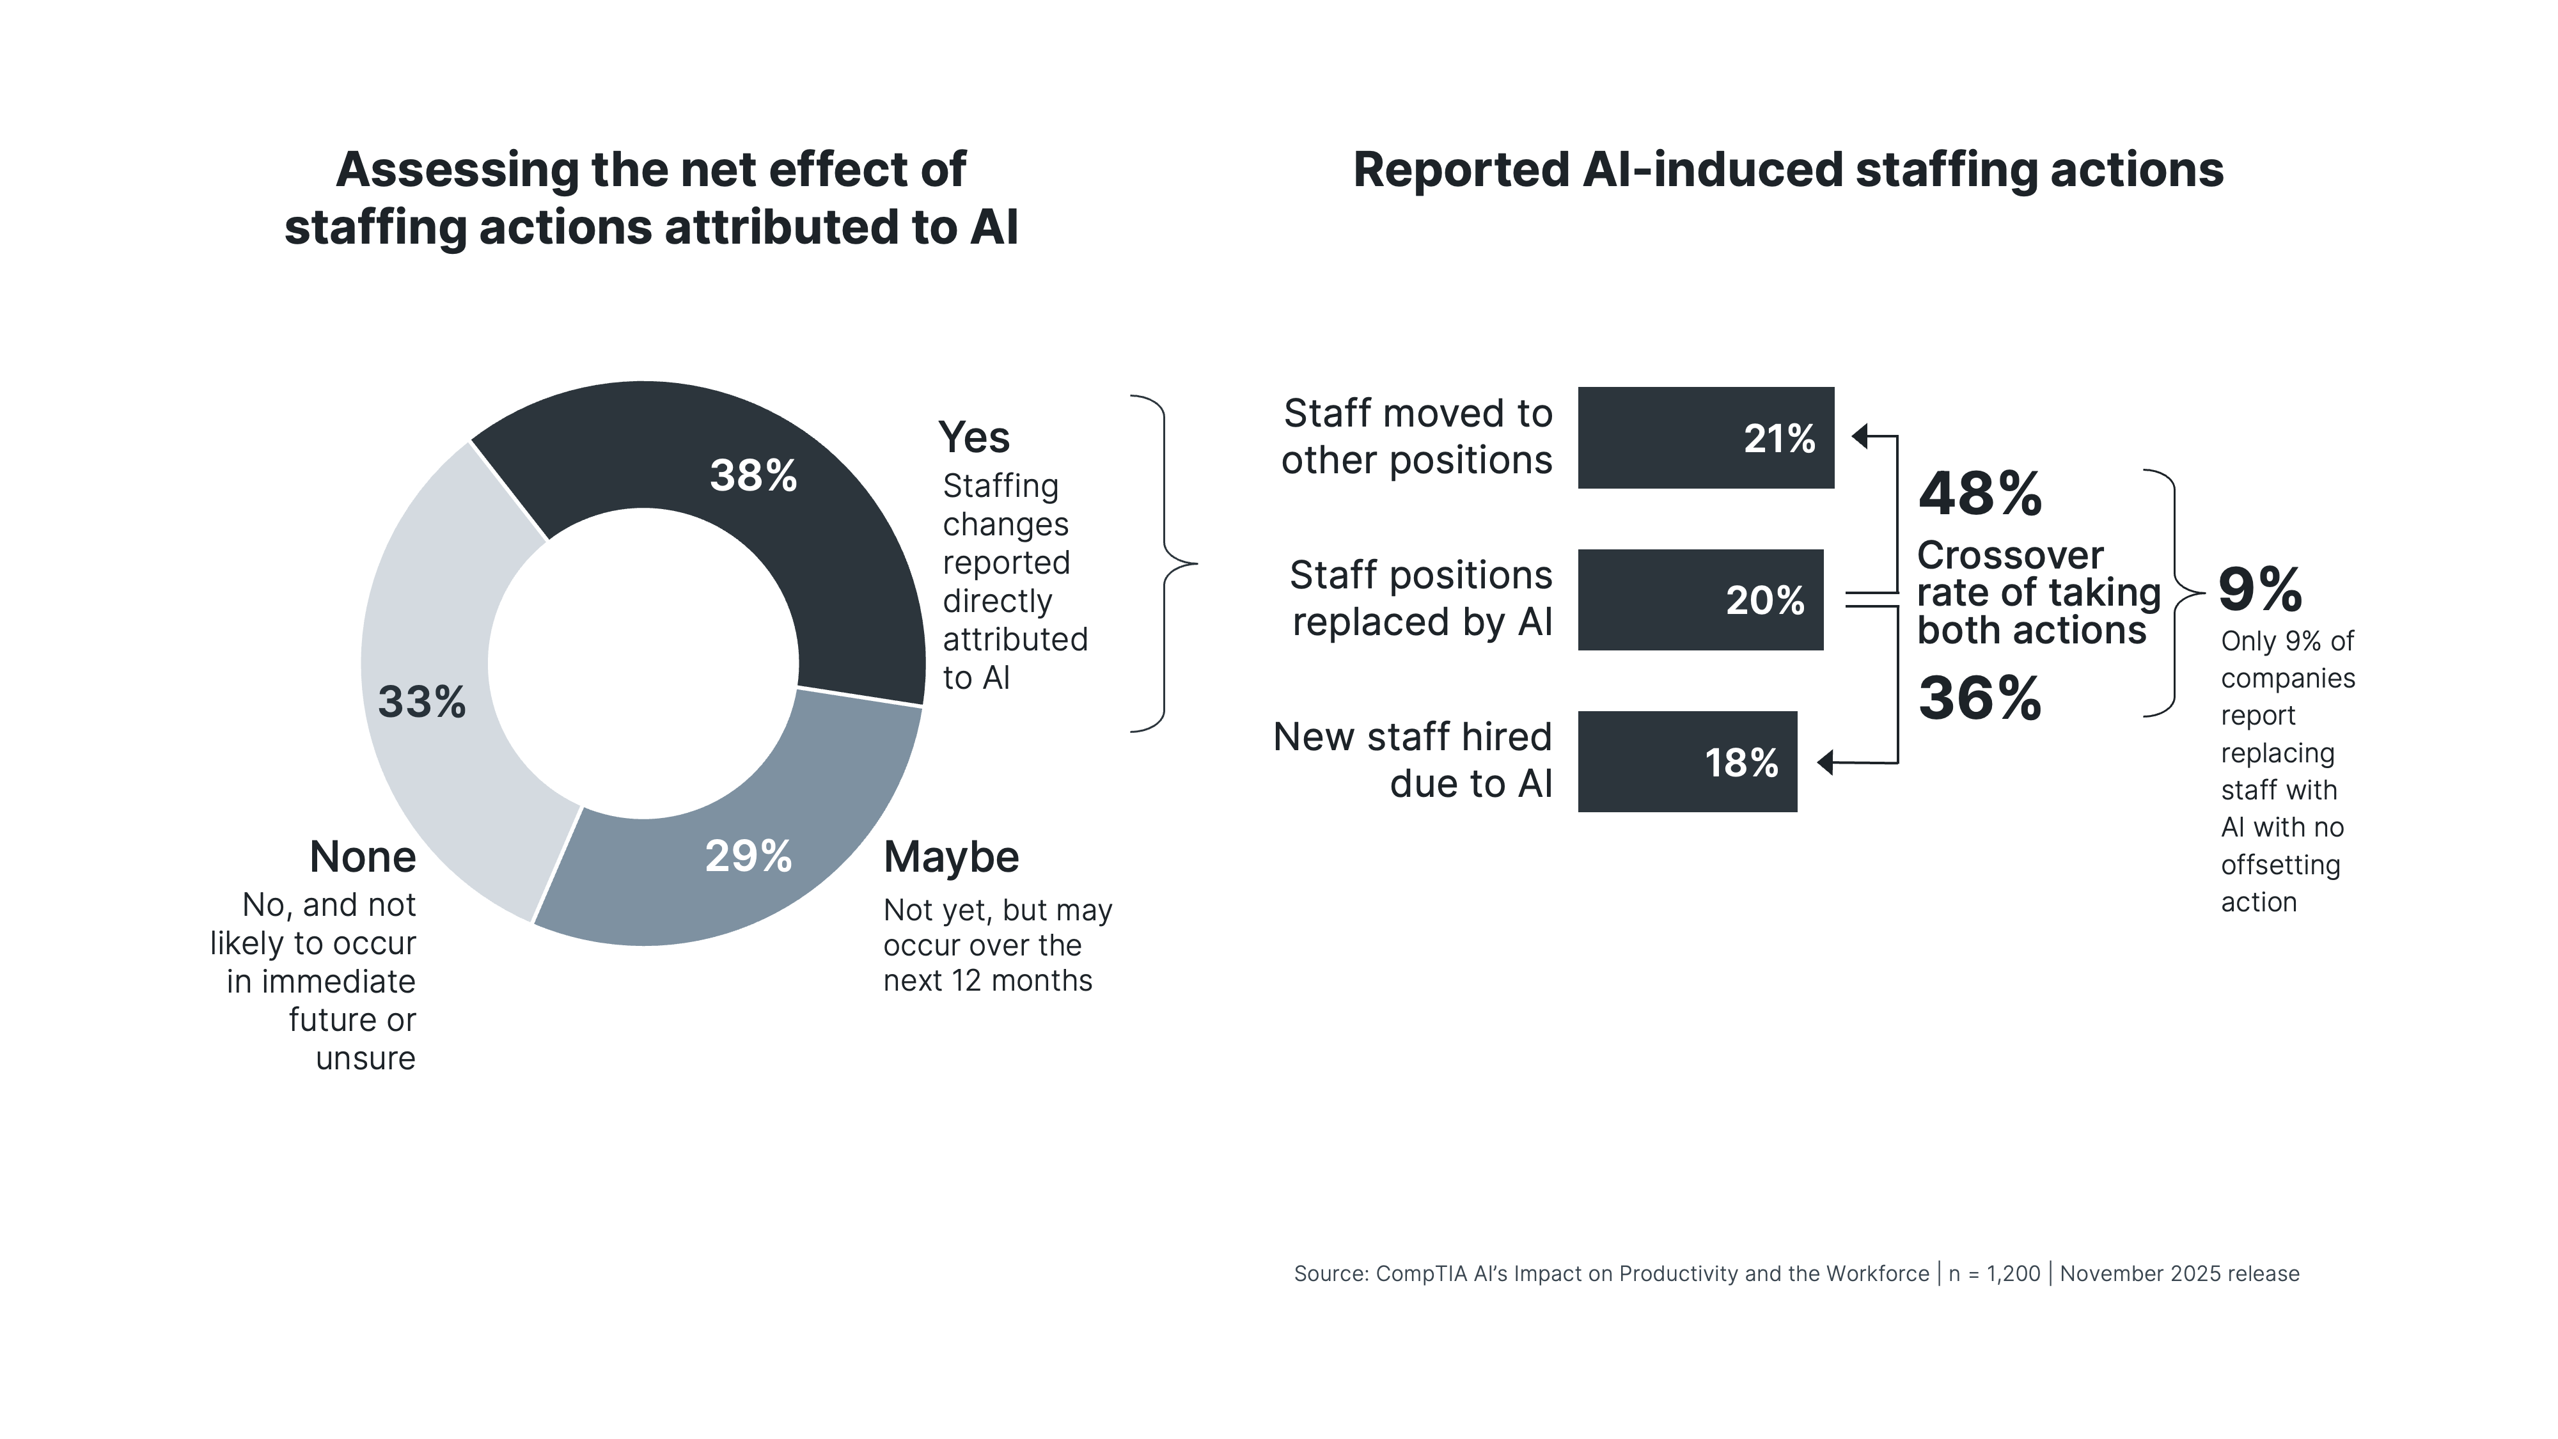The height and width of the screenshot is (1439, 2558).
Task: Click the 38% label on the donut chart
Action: (753, 476)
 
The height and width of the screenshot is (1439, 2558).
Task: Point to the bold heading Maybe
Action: (950, 857)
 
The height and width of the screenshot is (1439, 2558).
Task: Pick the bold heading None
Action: (363, 857)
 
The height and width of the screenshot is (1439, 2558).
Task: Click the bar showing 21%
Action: (1705, 438)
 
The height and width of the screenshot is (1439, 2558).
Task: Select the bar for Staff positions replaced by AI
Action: (1699, 600)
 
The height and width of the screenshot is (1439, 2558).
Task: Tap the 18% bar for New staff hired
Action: (1686, 762)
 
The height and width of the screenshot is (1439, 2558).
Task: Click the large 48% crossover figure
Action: (1979, 494)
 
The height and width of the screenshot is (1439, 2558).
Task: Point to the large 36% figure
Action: (1979, 698)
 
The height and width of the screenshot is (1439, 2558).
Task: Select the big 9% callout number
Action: (2259, 590)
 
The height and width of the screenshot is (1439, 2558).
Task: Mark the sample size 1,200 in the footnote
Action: (2013, 1274)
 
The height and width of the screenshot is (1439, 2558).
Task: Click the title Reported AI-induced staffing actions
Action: (1787, 170)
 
